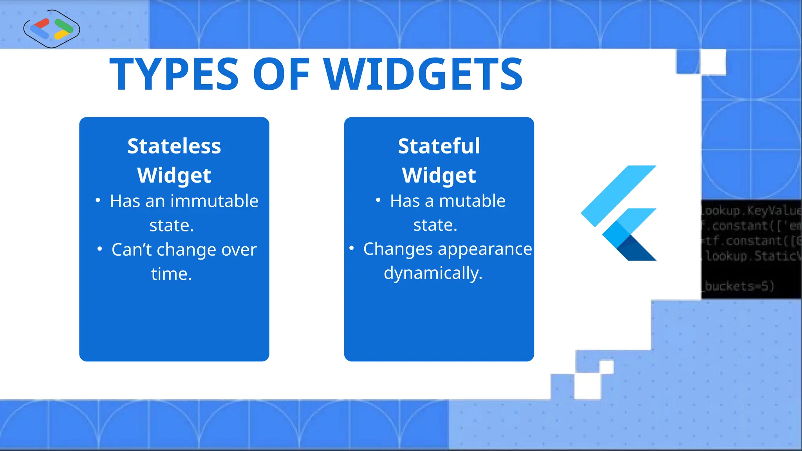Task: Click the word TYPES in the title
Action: click(x=174, y=74)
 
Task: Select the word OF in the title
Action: click(x=281, y=74)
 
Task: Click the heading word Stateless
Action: click(x=174, y=146)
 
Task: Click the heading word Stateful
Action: click(x=439, y=146)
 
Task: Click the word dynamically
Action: click(x=433, y=273)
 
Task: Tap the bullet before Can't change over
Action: click(x=100, y=249)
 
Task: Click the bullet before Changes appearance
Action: click(x=352, y=248)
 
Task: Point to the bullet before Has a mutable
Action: click(x=378, y=200)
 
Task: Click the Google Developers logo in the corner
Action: click(x=52, y=29)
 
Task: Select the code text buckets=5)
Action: click(x=739, y=286)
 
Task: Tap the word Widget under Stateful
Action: click(x=439, y=175)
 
